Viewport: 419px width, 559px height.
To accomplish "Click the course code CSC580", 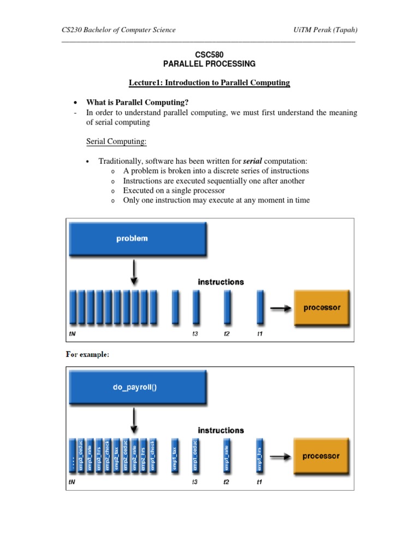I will coord(209,55).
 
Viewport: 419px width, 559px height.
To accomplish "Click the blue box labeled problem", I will coord(136,239).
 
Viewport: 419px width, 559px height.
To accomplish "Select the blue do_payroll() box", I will coord(136,386).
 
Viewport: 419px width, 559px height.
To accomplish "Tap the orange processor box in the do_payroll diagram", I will coord(321,456).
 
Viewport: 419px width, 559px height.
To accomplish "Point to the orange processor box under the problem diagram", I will coord(321,307).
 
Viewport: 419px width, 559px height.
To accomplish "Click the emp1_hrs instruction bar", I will coord(260,455).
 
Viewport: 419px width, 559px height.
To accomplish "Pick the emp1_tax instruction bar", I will coord(175,455).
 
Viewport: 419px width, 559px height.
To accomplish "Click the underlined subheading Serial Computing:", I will coord(116,142).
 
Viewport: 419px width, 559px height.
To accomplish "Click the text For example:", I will coord(87,354).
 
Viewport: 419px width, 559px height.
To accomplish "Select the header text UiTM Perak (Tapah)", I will coord(325,30).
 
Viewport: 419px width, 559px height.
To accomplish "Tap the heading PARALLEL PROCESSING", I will coord(209,64).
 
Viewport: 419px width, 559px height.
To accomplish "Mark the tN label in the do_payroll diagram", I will coord(71,482).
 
